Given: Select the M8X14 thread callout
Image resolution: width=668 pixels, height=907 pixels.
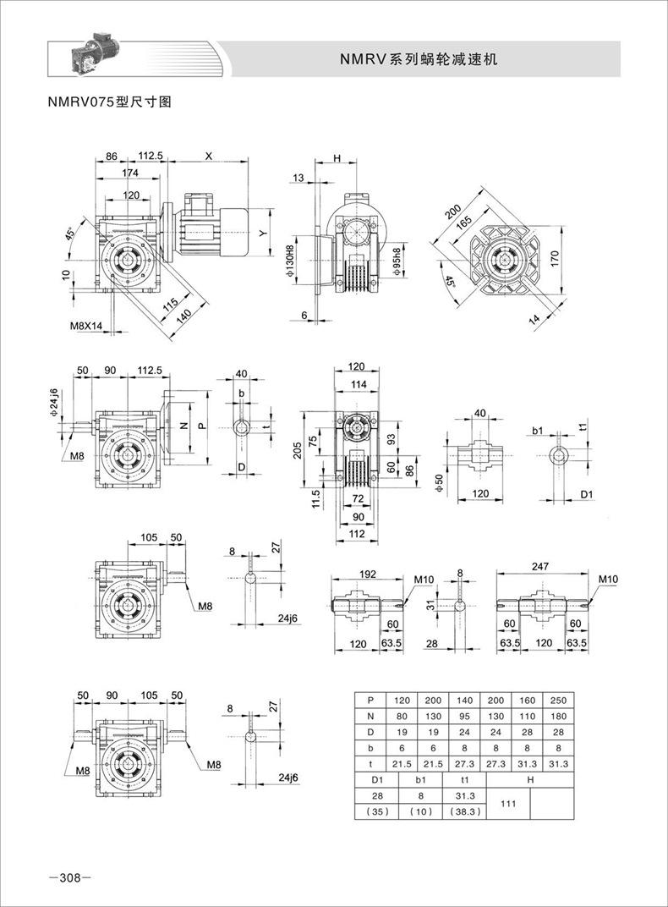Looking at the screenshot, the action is pos(85,327).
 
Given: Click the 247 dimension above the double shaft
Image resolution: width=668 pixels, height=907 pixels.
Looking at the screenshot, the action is pos(540,567).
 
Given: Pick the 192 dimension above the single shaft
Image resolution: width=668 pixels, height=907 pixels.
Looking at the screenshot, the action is pos(368,574).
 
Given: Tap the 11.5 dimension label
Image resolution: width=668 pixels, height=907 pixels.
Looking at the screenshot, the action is pos(315,499).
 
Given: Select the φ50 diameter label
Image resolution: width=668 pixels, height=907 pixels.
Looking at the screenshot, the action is pos(439,484).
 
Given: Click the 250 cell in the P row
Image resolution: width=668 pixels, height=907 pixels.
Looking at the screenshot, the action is pos(558,700).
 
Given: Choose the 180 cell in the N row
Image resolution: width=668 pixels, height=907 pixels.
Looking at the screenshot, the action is pos(558,716).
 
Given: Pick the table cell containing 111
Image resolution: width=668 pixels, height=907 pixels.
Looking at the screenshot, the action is pos(508,804).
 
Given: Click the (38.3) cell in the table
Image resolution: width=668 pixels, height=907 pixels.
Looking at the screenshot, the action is pos(464,811).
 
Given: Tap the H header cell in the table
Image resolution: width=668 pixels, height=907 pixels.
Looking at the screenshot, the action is pos(530,779).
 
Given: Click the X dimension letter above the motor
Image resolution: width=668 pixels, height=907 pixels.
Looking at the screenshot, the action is pos(209,156).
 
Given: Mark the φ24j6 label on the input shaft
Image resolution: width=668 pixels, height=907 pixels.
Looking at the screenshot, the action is pos(54,404).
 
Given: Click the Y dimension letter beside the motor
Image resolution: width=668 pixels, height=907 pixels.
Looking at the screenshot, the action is pos(262,234).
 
